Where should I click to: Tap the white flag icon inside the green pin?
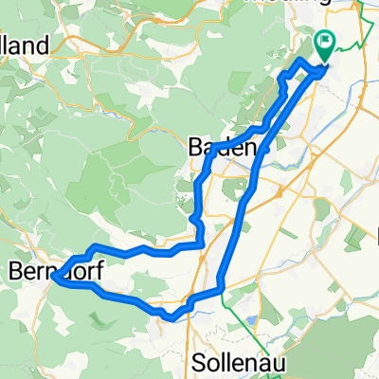(x=325, y=42)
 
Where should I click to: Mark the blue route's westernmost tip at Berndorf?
(x=54, y=278)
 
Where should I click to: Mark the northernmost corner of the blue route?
(x=301, y=60)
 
